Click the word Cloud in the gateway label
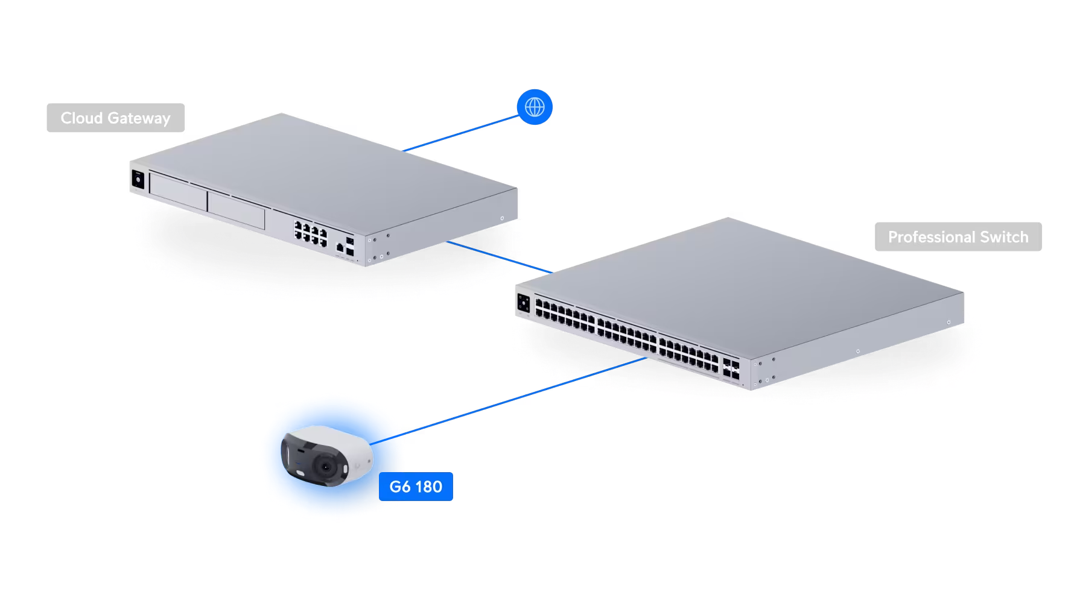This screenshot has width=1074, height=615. [x=81, y=118]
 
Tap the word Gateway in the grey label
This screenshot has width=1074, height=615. [x=139, y=119]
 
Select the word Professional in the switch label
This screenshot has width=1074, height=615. [x=932, y=237]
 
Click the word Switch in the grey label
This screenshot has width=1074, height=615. [x=1004, y=237]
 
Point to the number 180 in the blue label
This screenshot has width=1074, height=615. [x=428, y=487]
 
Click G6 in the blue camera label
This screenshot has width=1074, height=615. [x=400, y=487]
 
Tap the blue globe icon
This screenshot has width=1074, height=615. [x=535, y=107]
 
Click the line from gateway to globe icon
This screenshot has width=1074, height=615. [x=460, y=133]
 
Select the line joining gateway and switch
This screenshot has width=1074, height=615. [x=500, y=257]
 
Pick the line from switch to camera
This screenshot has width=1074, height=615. [x=508, y=401]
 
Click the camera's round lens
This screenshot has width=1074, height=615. [x=326, y=467]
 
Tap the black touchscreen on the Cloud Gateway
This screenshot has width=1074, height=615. [x=138, y=179]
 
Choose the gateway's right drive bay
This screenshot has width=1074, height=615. [x=237, y=210]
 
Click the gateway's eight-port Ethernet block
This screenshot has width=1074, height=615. [x=311, y=233]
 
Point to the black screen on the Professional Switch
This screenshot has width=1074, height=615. [x=524, y=303]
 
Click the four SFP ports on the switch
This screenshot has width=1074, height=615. [x=731, y=369]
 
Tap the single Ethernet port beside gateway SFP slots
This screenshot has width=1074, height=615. [x=340, y=247]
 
